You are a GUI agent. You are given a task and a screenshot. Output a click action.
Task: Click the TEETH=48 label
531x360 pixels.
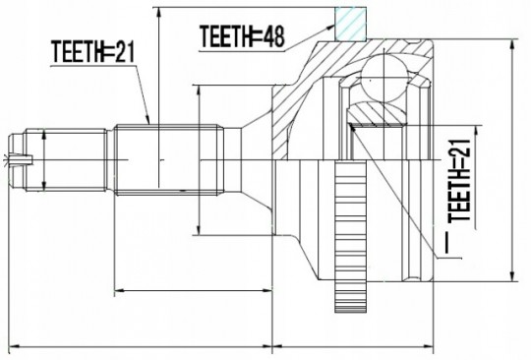click(242, 36)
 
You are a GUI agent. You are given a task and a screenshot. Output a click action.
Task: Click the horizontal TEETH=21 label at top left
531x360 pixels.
click(93, 52)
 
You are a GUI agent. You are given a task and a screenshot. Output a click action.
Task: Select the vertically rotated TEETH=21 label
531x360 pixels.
click(459, 181)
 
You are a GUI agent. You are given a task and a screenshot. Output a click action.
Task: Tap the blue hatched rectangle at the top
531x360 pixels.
click(350, 24)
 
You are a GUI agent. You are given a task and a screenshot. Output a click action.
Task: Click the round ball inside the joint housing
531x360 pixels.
click(384, 77)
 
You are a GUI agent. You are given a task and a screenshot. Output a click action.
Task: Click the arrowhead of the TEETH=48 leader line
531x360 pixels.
click(330, 27)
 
